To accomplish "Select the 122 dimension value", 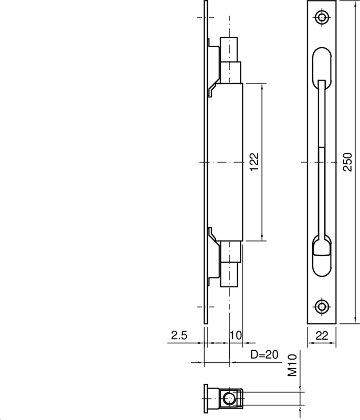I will pyautogui.click(x=253, y=162).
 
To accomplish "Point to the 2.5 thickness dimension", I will pyautogui.click(x=179, y=334).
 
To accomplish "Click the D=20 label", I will pyautogui.click(x=264, y=354).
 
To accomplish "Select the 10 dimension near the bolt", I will pyautogui.click(x=235, y=334).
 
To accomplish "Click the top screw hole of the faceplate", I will pyautogui.click(x=321, y=18).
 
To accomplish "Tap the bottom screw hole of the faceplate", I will pyautogui.click(x=321, y=306).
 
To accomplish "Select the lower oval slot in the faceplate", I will pyautogui.click(x=321, y=260).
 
